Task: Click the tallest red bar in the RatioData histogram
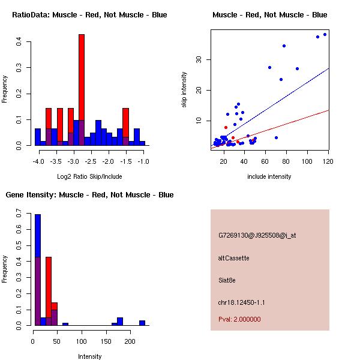click(x=82, y=90)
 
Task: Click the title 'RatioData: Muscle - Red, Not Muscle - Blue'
click(x=89, y=14)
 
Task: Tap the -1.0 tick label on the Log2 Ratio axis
click(x=143, y=162)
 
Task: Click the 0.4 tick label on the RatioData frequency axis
click(x=20, y=42)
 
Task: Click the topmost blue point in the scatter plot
click(x=325, y=35)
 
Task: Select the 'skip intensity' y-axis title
click(x=184, y=90)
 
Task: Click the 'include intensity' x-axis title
click(x=269, y=176)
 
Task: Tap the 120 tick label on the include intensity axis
click(x=328, y=161)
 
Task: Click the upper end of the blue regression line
click(x=329, y=68)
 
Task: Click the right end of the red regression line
click(x=329, y=110)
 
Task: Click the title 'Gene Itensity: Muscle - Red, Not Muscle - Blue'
click(x=89, y=194)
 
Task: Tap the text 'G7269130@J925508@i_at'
click(x=257, y=235)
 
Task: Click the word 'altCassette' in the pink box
click(x=233, y=258)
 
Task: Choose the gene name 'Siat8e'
click(x=228, y=280)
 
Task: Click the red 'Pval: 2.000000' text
click(x=239, y=319)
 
